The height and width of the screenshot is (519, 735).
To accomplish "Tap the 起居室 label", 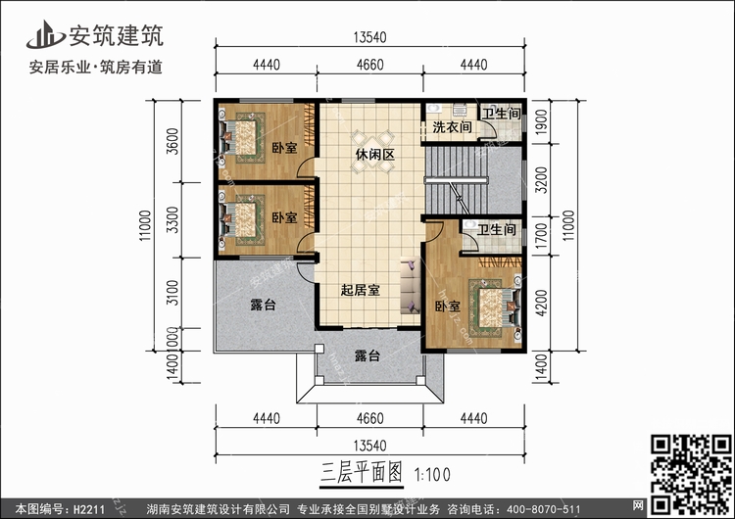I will coord(361,289).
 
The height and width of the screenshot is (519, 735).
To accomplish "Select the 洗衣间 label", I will coord(452,127).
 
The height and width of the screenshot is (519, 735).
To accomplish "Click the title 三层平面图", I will coord(363,470).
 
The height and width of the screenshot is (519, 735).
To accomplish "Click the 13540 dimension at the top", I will coord(369,37).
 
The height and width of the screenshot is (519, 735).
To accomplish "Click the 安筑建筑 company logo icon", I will coord(44,36).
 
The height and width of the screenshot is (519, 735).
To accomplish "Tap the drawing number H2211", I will coord(89,507).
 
